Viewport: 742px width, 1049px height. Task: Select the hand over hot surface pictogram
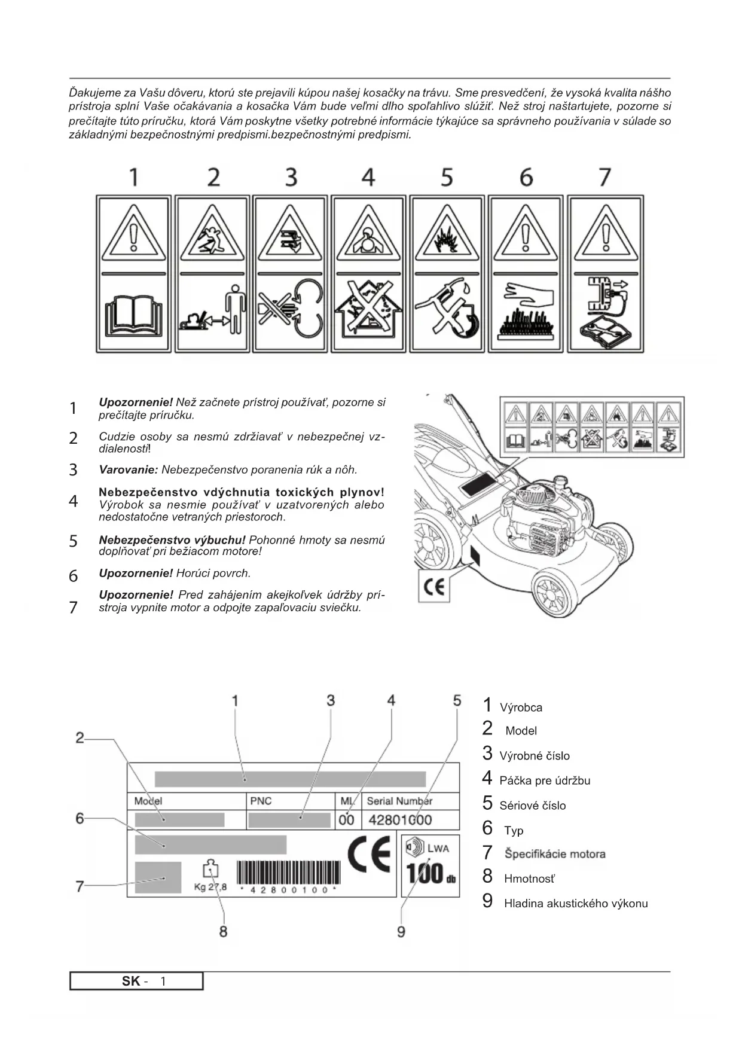tap(526, 312)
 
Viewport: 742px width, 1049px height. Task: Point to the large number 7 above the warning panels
tap(604, 178)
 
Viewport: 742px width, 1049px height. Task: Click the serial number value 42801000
tap(400, 820)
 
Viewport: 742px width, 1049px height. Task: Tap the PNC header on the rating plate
tap(261, 801)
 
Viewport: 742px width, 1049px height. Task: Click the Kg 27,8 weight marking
tap(210, 887)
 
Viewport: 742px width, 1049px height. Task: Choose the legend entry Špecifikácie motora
tap(554, 854)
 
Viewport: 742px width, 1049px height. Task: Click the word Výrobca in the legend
tap(521, 708)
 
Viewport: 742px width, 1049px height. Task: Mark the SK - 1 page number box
tap(136, 981)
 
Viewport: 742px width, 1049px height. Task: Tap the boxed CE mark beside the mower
tap(434, 587)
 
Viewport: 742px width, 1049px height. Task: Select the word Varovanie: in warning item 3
tap(128, 470)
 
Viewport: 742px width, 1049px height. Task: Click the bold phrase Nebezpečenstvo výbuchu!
tap(172, 540)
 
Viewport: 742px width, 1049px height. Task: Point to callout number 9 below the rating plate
tap(401, 932)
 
